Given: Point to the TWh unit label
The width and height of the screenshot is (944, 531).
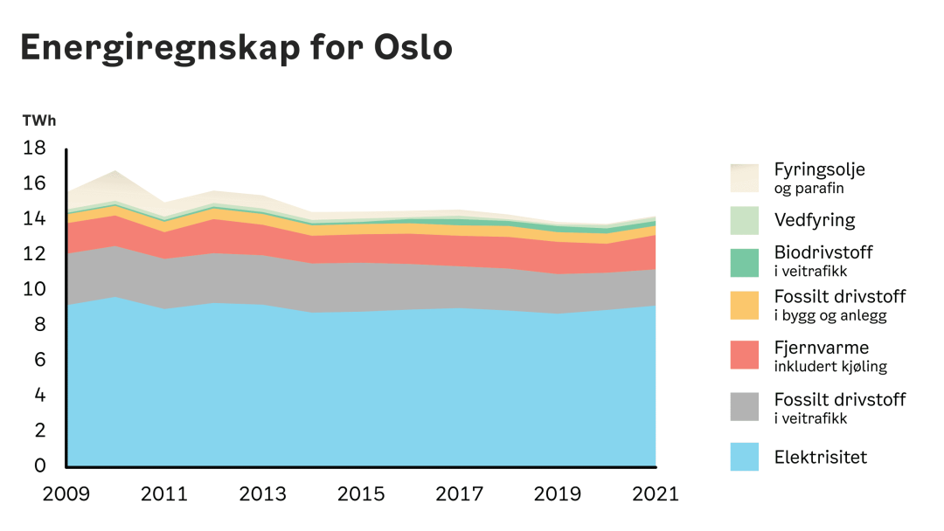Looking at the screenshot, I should click(39, 121).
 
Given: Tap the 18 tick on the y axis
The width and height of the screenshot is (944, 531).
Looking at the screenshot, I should click(34, 148).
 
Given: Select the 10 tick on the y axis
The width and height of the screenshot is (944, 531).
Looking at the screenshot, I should click(34, 289).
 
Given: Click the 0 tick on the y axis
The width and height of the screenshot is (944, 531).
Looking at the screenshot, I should click(39, 465).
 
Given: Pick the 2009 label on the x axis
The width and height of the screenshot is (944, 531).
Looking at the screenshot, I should click(66, 494).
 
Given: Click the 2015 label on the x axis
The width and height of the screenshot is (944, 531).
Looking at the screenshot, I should click(361, 494).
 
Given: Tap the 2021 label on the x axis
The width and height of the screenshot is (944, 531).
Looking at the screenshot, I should click(656, 494).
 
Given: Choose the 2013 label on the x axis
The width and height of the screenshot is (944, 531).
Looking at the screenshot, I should click(262, 494).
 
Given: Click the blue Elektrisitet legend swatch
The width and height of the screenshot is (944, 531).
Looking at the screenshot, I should click(745, 457).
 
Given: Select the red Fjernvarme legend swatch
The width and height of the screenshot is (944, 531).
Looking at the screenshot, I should click(745, 355).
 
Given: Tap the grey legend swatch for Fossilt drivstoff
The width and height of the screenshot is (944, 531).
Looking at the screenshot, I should click(745, 407).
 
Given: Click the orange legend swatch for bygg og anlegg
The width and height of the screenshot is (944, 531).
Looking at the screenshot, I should click(745, 305).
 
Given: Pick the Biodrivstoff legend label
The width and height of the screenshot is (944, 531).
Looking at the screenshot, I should click(823, 252).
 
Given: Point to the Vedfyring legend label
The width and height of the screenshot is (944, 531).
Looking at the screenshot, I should click(814, 220).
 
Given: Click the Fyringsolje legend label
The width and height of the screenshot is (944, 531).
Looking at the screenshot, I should click(819, 169).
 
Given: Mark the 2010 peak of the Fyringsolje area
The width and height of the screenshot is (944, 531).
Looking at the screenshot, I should click(115, 172).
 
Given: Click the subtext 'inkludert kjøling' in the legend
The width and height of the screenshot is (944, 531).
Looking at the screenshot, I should click(829, 367).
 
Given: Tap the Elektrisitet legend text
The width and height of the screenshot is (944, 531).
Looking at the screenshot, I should click(820, 457).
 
